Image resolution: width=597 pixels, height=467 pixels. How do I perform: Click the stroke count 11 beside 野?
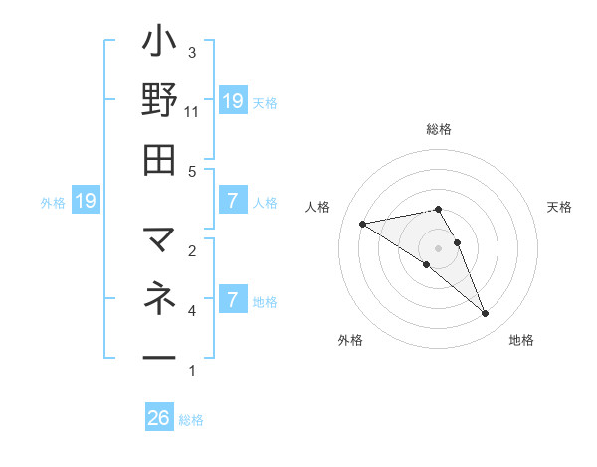tap(191, 111)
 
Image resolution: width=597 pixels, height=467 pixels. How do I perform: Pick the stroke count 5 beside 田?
tap(192, 171)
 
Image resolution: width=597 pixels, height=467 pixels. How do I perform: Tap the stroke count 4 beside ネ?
tap(192, 311)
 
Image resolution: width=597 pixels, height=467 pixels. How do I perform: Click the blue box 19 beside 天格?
tap(232, 100)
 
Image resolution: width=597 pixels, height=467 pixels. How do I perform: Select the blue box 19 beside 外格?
tap(85, 201)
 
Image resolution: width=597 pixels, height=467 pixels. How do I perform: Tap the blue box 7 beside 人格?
tap(232, 201)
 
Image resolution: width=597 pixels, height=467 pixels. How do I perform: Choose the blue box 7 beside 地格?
tap(232, 299)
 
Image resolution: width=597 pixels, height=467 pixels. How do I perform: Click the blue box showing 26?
tap(159, 418)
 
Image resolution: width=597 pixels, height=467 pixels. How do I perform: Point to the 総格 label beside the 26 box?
tap(191, 420)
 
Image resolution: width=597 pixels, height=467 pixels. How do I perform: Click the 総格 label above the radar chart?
tap(439, 129)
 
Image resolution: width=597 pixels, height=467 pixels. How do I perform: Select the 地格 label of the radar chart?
tap(521, 340)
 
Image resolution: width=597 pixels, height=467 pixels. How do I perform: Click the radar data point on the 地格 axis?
tap(486, 314)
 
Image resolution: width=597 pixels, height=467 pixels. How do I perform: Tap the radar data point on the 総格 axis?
tap(439, 209)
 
